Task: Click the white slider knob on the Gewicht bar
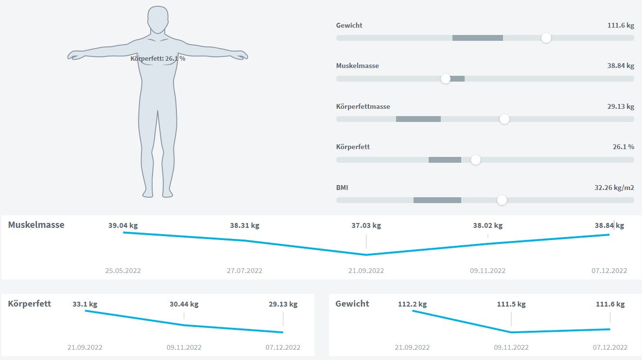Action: pos(546,38)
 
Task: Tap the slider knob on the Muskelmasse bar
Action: pos(446,79)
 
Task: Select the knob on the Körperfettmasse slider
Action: pos(504,119)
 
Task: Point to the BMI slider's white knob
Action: pos(502,200)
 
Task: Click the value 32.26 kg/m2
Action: pos(614,188)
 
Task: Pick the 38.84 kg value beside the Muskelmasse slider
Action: pos(621,66)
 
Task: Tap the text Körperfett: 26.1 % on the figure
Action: pos(158,58)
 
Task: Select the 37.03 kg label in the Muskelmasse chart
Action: pos(366,225)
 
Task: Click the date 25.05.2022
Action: pos(123,271)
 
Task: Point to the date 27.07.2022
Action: pos(244,271)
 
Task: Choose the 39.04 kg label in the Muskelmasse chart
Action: pos(123,225)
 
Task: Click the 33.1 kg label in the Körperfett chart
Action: pos(85,304)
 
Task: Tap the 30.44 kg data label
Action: pos(184,304)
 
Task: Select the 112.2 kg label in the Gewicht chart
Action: pos(412,304)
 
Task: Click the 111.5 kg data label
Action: pos(511,304)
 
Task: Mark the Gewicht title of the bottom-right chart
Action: pos(352,304)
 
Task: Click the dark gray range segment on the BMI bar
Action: pos(437,200)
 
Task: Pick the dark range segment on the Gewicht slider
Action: pos(477,38)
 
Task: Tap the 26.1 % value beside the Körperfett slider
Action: pos(623,147)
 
